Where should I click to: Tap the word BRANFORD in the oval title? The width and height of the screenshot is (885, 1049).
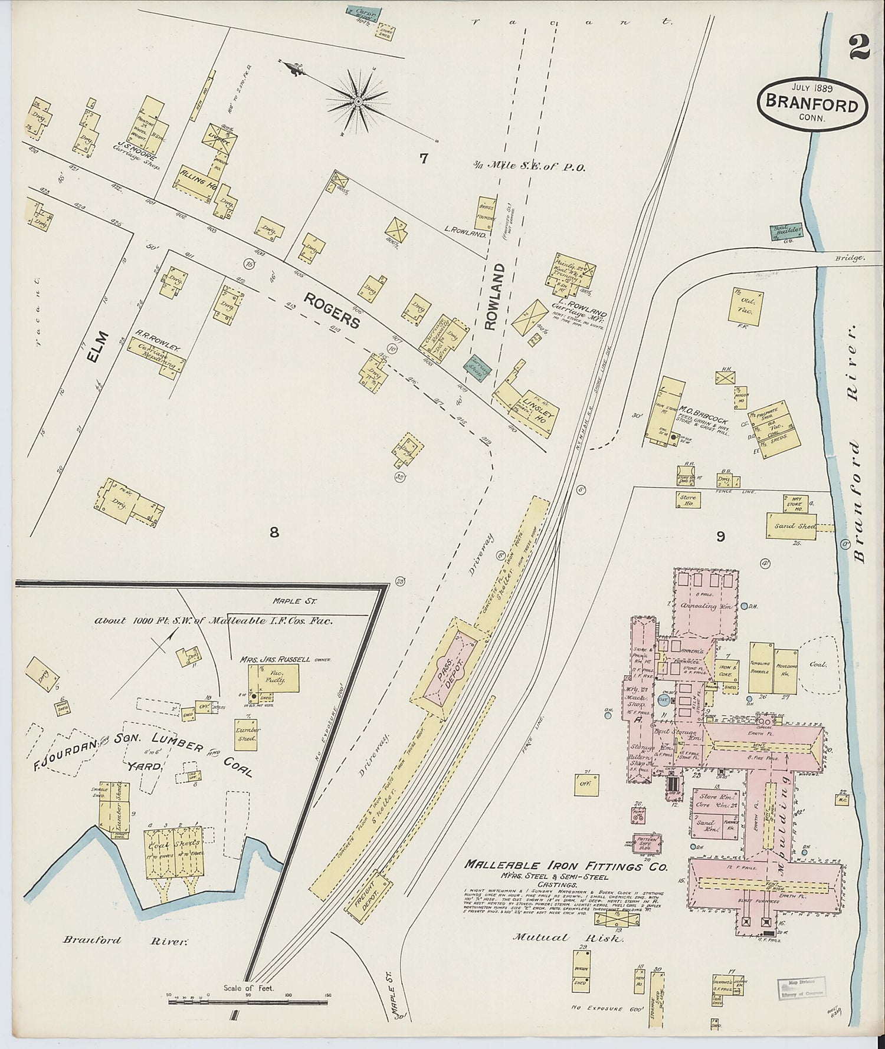click(812, 104)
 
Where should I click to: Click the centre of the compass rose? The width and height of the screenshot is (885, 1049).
click(358, 102)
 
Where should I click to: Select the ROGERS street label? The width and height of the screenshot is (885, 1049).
click(332, 311)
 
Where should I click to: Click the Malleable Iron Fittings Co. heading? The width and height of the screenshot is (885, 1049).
click(566, 866)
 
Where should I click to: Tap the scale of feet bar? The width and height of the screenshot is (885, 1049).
click(248, 1001)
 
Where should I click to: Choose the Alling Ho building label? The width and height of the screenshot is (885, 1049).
click(199, 183)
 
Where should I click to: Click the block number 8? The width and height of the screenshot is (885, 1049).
click(274, 532)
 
